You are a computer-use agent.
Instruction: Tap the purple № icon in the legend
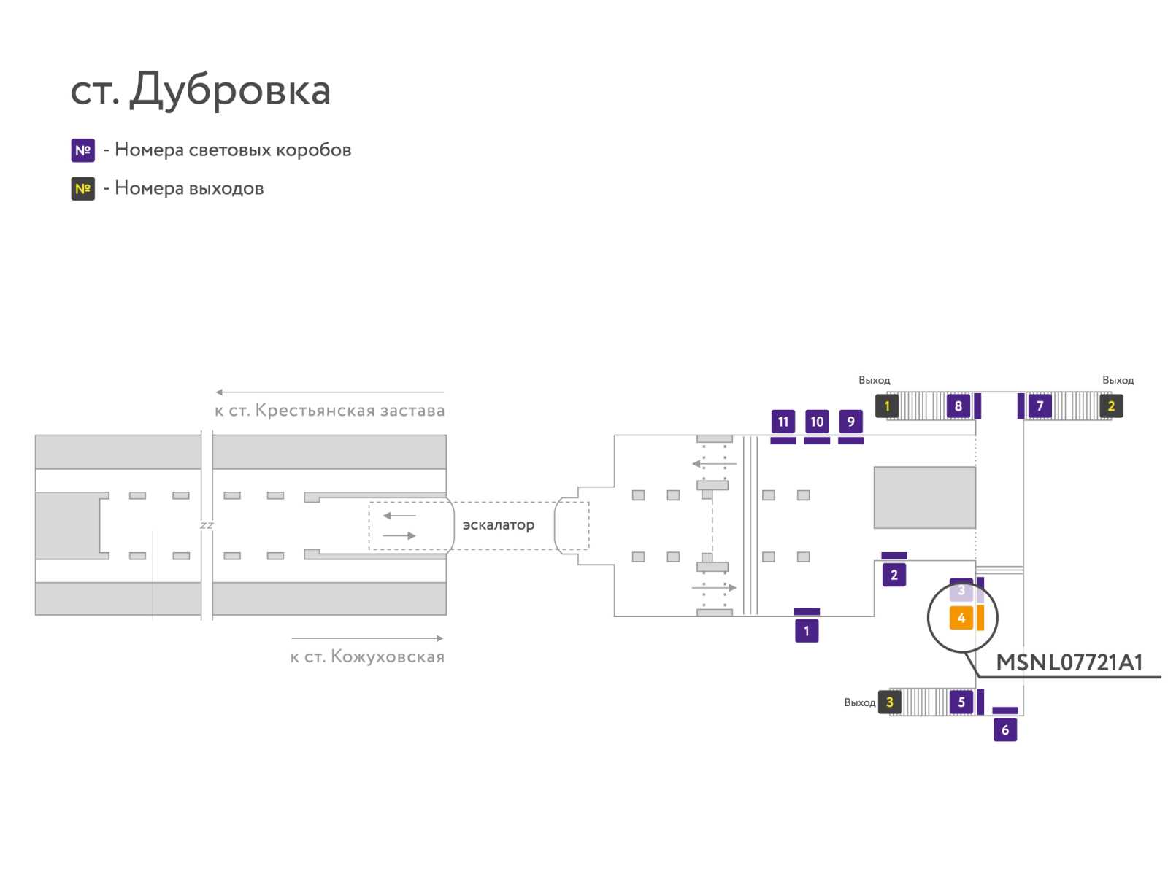click(x=82, y=150)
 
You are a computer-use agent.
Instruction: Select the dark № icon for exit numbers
click(x=82, y=189)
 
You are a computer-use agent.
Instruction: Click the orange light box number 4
click(x=961, y=618)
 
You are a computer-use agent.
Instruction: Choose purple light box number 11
click(x=783, y=422)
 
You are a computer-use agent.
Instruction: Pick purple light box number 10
click(x=817, y=422)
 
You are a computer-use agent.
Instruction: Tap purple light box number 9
click(x=850, y=422)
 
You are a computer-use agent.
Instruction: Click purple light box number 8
click(x=958, y=406)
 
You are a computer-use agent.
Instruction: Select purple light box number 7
click(x=1040, y=406)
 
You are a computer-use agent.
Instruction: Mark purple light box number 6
click(x=1004, y=729)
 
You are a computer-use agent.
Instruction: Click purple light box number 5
click(x=961, y=702)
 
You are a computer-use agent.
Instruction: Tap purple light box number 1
click(x=806, y=631)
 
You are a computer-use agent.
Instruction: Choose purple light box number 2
click(x=894, y=575)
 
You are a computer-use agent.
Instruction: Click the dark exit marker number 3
click(x=889, y=702)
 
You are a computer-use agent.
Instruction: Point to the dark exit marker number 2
click(x=1110, y=406)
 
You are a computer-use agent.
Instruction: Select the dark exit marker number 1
click(x=886, y=406)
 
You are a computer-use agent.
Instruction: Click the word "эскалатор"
click(x=498, y=525)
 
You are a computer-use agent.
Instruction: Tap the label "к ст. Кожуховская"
click(x=367, y=656)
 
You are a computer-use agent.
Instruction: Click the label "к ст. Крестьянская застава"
click(x=329, y=410)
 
